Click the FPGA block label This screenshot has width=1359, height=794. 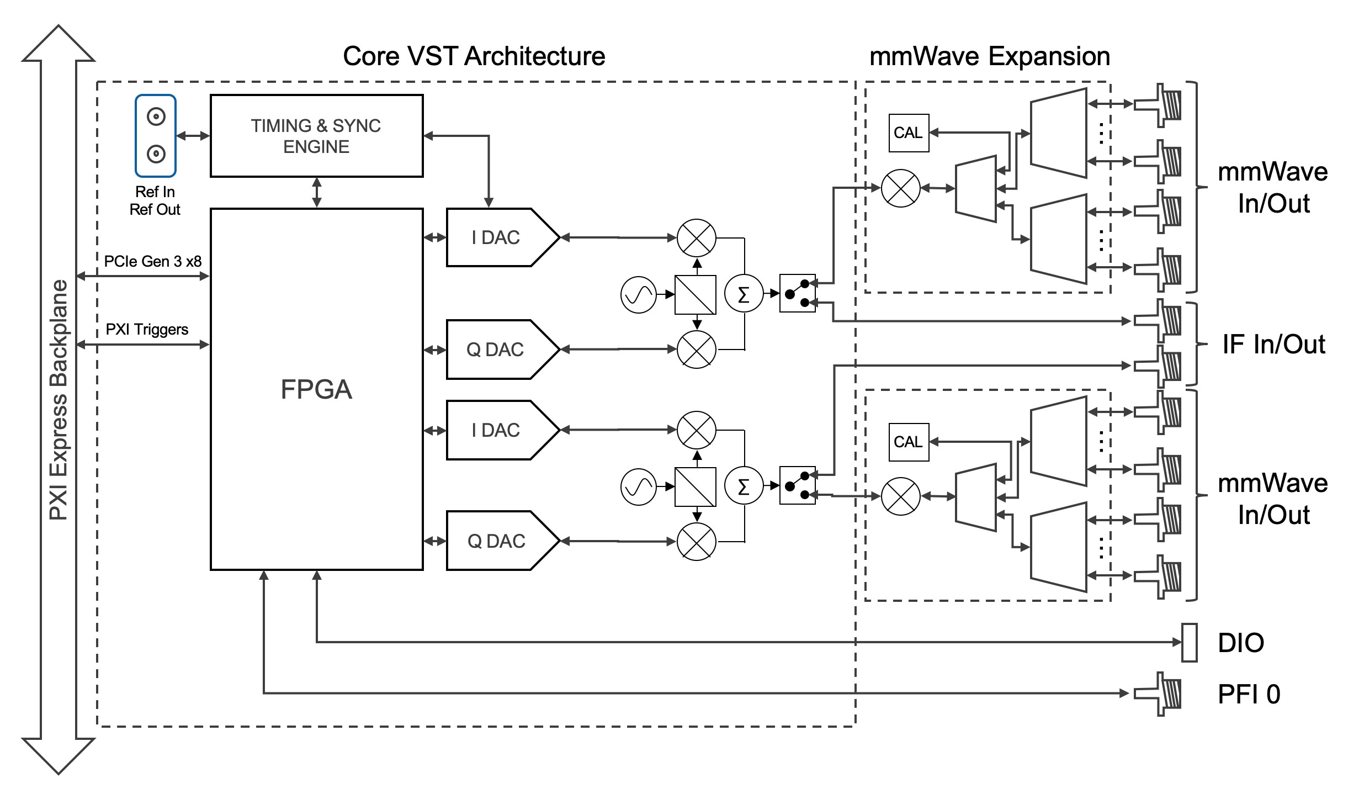pos(316,389)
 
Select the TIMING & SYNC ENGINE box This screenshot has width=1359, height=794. pos(316,136)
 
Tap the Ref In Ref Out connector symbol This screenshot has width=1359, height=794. pos(156,136)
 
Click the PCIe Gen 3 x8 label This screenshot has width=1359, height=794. pos(153,261)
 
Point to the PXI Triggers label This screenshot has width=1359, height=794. pos(147,329)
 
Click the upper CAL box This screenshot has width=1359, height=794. pos(909,133)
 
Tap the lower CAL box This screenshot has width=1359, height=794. pos(909,442)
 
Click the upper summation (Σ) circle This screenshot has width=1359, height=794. pos(744,294)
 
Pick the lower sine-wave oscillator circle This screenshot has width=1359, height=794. pos(639,487)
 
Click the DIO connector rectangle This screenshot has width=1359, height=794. pos(1189,642)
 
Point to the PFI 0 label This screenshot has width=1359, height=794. pos(1249,694)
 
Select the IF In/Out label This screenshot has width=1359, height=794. pos(1273,344)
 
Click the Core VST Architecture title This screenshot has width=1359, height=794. pos(474,56)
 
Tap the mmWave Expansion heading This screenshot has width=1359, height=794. pos(989,56)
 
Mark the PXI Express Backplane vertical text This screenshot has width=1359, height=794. pos(59,400)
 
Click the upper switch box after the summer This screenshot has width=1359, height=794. pos(797,294)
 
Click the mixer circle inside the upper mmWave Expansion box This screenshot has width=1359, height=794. pos(900,188)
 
